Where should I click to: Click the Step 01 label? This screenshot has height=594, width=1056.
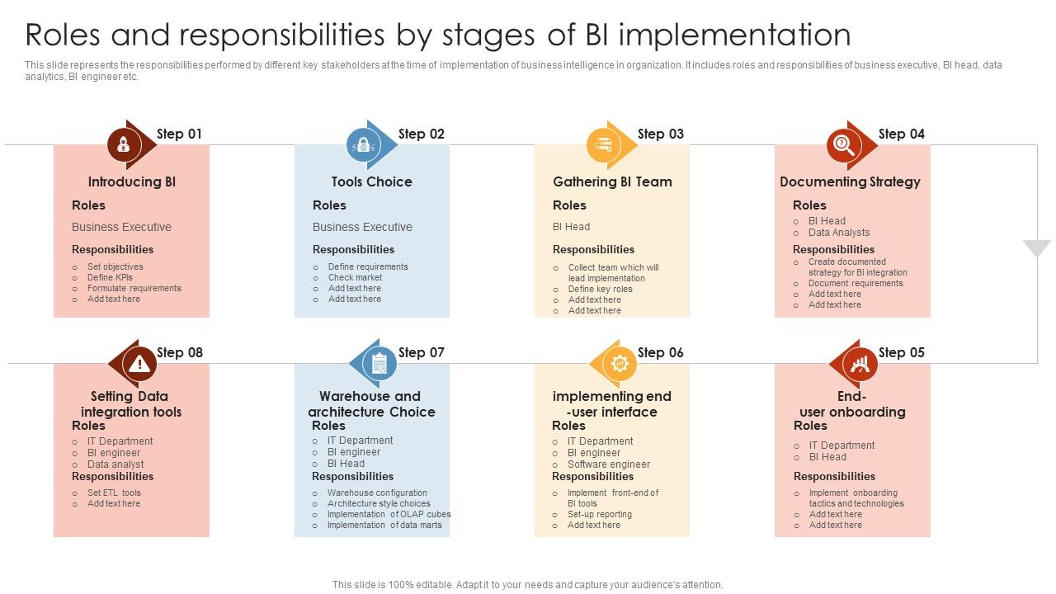(179, 134)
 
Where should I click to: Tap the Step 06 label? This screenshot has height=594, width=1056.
(660, 352)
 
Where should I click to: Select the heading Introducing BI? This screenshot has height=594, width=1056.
(132, 181)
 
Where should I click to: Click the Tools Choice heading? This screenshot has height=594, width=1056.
(371, 181)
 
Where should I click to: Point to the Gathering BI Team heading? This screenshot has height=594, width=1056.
(612, 181)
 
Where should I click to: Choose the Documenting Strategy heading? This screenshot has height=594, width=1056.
(850, 181)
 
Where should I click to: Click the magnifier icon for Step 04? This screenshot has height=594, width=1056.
(843, 145)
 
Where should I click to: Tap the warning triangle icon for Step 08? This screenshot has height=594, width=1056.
(139, 363)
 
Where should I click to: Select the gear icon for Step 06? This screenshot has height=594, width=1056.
(619, 363)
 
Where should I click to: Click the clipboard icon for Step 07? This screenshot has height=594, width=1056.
(379, 363)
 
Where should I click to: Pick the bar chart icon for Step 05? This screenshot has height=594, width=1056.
(860, 363)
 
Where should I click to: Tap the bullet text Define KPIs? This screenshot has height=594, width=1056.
(110, 277)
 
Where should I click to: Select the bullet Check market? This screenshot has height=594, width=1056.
(355, 277)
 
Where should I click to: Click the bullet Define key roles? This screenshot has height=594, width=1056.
(600, 289)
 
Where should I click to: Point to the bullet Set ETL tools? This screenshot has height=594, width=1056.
(114, 493)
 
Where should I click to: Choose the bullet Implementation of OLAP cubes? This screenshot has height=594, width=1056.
(389, 514)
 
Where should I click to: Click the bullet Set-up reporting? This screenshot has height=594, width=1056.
(599, 514)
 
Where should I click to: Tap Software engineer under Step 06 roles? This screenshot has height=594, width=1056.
(608, 464)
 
